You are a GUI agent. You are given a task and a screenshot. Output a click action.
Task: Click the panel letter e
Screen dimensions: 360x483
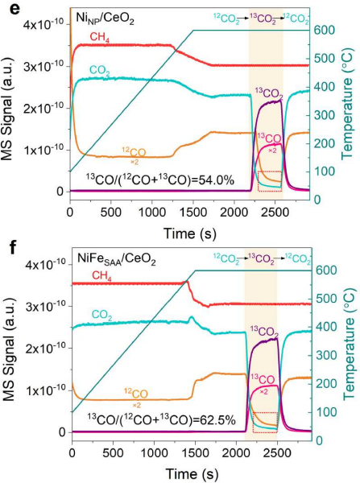pos(6,7)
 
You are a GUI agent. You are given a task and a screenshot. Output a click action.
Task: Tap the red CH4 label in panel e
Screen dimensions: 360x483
pos(100,38)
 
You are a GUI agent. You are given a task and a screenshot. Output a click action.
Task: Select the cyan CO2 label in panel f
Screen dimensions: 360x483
pos(101,316)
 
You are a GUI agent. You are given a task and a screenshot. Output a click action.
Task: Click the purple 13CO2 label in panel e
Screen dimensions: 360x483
pos(268,93)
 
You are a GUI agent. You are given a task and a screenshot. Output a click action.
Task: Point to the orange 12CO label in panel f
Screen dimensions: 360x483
pos(136,394)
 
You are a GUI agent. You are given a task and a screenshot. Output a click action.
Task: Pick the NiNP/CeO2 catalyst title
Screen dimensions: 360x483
pos(106,19)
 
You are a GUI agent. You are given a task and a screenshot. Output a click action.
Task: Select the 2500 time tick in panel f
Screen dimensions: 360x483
pos(277,453)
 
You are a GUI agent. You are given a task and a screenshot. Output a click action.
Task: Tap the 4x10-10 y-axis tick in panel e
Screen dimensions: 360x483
pos(43,23)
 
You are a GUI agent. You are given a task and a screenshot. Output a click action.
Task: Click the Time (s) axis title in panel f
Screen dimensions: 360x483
pos(192,473)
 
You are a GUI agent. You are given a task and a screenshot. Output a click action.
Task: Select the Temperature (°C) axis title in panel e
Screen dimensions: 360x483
pos(347,118)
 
